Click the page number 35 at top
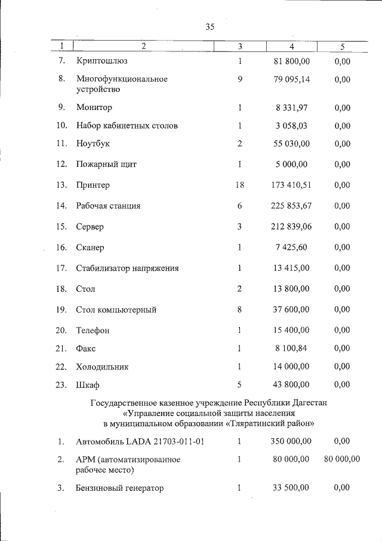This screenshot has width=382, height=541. click(210, 27)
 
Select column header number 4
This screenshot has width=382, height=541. click(291, 47)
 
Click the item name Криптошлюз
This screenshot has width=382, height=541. click(101, 61)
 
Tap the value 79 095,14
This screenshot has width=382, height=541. click(291, 79)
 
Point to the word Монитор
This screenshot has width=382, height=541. click(94, 108)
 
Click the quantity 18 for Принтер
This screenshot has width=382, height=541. click(239, 185)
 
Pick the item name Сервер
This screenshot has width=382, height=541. click(90, 227)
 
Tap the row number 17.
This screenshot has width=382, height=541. click(61, 268)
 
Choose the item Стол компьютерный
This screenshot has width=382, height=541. click(116, 310)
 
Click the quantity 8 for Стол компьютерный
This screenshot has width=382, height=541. click(239, 310)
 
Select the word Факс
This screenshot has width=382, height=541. click(86, 348)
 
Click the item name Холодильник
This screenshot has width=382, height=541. click(102, 366)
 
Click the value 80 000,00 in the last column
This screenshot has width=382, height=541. click(342, 459)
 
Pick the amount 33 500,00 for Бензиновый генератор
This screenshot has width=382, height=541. click(291, 488)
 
